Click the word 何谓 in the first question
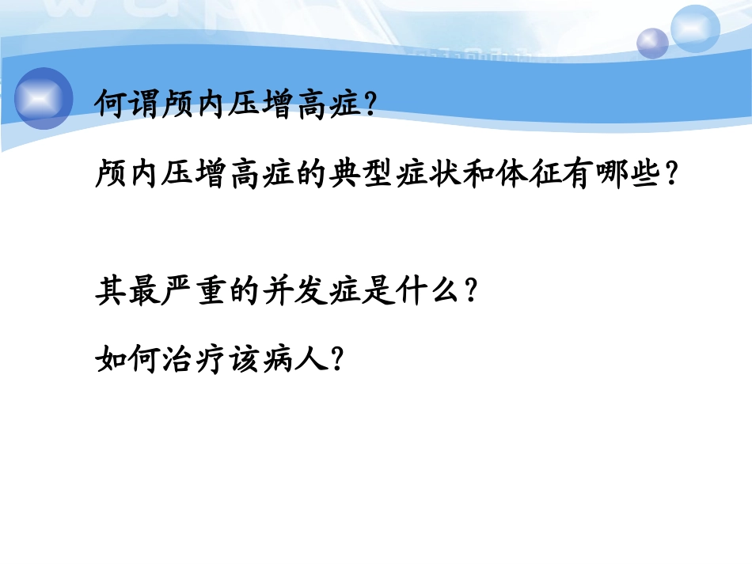coord(129,103)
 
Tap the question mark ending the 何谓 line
coord(367,104)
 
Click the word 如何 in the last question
coord(129,361)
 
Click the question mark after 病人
coord(336,361)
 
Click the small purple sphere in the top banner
coord(652,43)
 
